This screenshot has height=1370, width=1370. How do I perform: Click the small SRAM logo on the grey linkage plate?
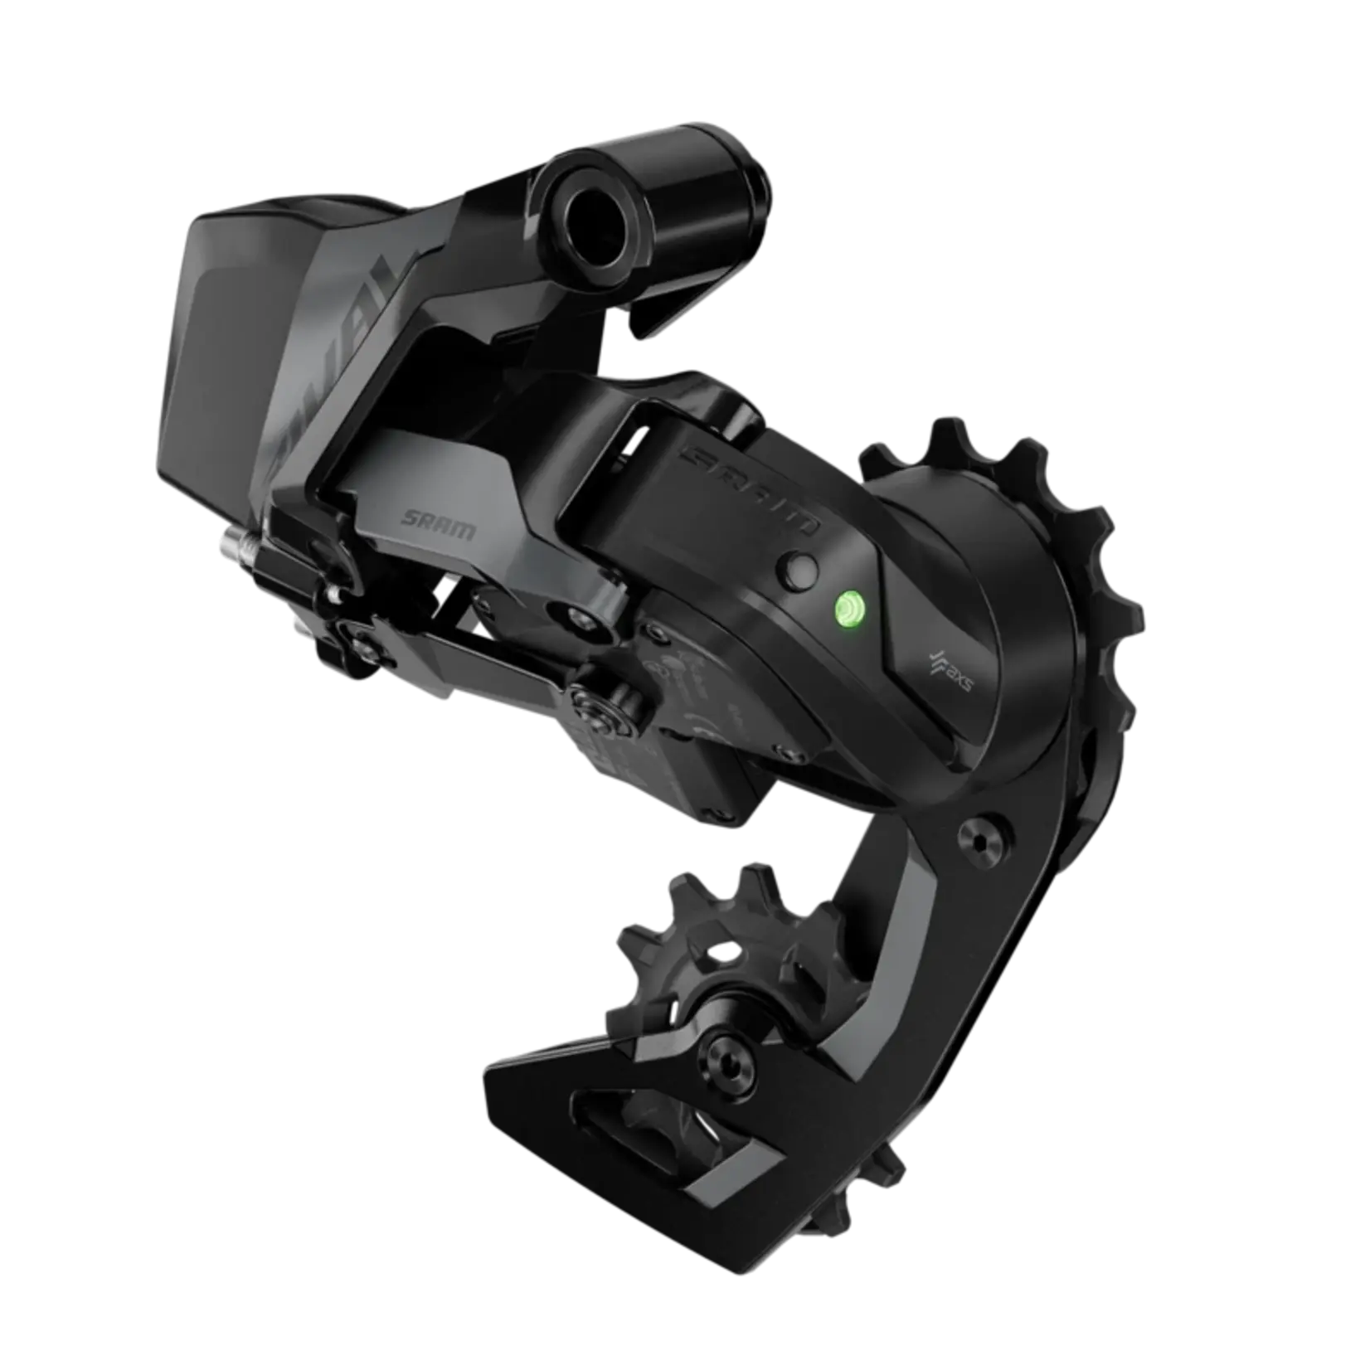(x=438, y=523)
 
